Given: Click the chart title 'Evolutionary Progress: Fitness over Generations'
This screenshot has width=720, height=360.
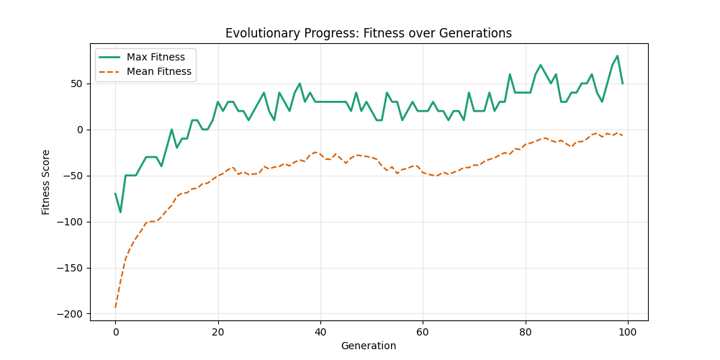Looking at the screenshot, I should click(x=368, y=33).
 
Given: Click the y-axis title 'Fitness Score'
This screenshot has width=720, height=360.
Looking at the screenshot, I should click(x=46, y=182).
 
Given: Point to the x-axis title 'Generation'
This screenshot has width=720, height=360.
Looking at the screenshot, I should click(x=368, y=346).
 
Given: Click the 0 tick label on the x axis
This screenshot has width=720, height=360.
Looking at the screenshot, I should click(x=115, y=332).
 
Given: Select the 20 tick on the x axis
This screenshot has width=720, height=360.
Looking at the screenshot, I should click(x=217, y=332).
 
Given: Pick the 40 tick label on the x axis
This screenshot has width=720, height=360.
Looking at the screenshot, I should click(x=320, y=332).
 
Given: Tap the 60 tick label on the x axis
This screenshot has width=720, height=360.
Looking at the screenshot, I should click(x=423, y=332).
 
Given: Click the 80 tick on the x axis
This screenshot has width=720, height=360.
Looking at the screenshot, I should click(x=526, y=332).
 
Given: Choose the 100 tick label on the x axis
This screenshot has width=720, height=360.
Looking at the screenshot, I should click(x=628, y=332).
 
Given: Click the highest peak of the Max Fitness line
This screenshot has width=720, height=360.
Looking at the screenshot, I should click(x=617, y=56).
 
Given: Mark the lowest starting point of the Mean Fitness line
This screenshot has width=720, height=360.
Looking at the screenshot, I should click(x=115, y=307).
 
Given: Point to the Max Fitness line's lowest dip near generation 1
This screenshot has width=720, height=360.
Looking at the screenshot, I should click(x=120, y=212).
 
